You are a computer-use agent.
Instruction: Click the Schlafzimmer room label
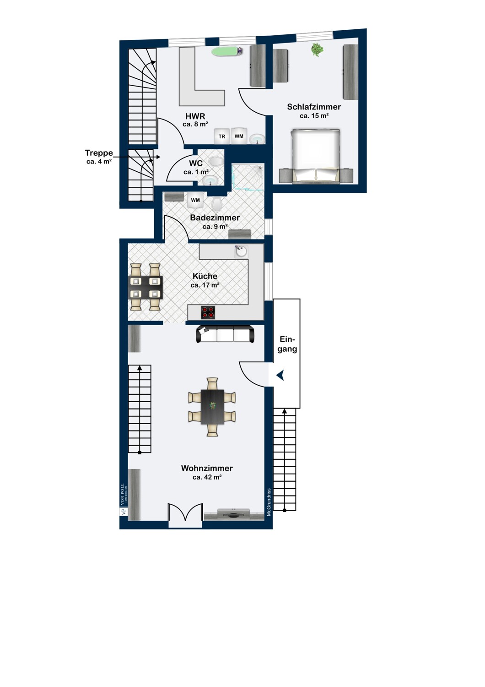tap(314, 107)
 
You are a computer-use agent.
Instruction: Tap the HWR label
tap(195, 116)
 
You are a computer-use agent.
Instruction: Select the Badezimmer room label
tap(215, 218)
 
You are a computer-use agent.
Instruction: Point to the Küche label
tap(205, 276)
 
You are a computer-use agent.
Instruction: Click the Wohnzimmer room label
tap(207, 468)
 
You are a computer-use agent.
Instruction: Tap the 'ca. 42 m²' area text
tap(207, 477)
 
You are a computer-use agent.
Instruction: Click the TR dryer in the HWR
tap(222, 136)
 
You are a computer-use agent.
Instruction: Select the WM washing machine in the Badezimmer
tap(195, 200)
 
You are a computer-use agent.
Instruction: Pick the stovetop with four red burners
tap(208, 312)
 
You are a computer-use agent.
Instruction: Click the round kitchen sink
tap(241, 251)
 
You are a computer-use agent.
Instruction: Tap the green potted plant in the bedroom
tap(317, 49)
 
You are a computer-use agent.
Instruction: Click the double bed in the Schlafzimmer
tap(316, 156)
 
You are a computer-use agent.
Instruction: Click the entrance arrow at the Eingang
tap(280, 375)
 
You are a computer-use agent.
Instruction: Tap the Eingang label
tap(287, 344)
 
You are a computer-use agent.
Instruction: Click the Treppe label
tap(99, 153)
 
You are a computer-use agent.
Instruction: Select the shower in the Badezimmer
tap(248, 177)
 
